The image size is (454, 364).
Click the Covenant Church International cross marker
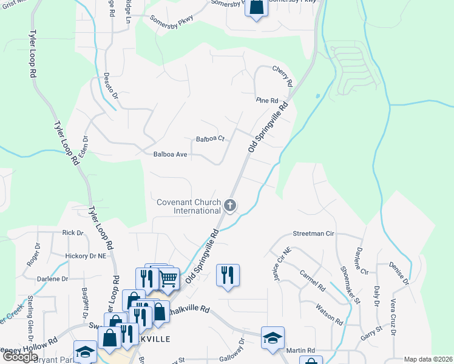(x=229, y=206)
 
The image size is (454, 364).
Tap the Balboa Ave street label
(x=171, y=155)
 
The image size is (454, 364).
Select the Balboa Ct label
(x=210, y=139)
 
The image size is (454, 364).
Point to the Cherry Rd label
(x=283, y=75)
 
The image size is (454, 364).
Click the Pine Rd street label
(x=266, y=100)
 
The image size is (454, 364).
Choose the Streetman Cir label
(x=314, y=233)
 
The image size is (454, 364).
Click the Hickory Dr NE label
(x=86, y=257)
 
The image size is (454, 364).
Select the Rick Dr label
(x=72, y=232)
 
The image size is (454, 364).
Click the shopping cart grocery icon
(x=169, y=279)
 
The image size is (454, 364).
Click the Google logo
(x=20, y=357)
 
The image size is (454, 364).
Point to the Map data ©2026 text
(x=428, y=359)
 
